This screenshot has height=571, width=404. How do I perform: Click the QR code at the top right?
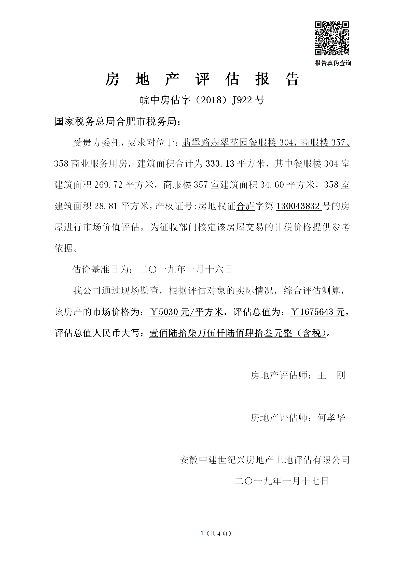[332, 38]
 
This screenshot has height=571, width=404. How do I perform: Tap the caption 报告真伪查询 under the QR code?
[333, 63]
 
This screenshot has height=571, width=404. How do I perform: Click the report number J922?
[242, 100]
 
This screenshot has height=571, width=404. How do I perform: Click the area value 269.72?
[108, 185]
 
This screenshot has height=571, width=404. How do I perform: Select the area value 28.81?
[106, 206]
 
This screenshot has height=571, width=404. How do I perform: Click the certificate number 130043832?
[298, 206]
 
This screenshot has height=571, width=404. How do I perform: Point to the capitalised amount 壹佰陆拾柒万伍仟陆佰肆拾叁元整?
[220, 333]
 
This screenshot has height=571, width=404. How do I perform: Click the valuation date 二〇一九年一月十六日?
[185, 269]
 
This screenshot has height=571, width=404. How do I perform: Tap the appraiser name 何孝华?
[331, 418]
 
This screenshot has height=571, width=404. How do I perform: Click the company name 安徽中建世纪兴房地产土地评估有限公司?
[264, 460]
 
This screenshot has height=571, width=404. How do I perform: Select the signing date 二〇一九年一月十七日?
[282, 481]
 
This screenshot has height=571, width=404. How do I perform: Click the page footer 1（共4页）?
[216, 533]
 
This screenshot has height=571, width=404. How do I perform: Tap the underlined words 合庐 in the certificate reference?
[245, 206]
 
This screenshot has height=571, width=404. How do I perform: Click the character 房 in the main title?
[112, 79]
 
